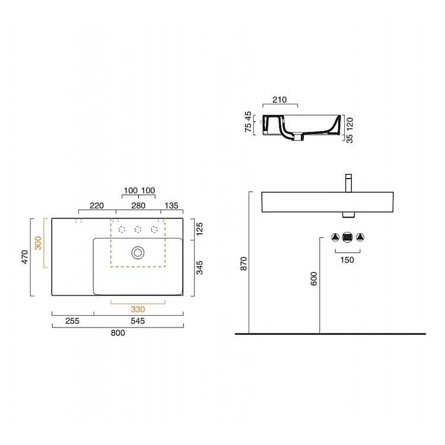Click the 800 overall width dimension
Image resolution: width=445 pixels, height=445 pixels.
pos(118,333)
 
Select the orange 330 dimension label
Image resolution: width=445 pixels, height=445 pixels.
pos(138,309)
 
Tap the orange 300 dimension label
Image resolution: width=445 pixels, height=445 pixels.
pos(38,243)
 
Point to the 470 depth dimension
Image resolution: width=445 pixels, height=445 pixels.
pos(25,256)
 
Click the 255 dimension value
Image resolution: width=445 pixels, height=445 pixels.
pos(72,321)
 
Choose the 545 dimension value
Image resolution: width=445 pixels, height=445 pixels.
pos(138,321)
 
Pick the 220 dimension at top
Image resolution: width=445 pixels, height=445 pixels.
pos(97,205)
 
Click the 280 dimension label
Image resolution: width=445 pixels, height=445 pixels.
pos(138,205)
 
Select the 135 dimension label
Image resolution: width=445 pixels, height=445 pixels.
pos(171,205)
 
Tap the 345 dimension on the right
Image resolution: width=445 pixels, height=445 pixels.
pos(200,268)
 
